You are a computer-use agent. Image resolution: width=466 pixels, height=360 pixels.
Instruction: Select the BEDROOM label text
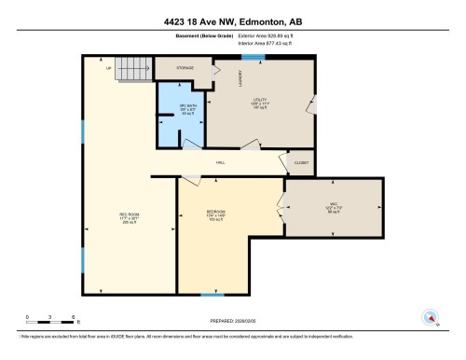tap(216, 213)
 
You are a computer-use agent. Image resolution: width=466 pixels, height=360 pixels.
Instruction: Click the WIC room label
tap(333, 203)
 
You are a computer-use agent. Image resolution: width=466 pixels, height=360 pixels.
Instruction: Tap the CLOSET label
tap(301, 163)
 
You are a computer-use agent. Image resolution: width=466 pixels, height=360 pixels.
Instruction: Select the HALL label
tap(221, 163)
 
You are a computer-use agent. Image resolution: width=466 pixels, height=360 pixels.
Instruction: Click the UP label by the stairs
tap(109, 68)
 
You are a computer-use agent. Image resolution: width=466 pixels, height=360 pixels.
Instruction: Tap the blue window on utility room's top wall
tap(253, 57)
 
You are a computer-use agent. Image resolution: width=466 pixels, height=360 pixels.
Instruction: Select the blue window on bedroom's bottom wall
tap(212, 295)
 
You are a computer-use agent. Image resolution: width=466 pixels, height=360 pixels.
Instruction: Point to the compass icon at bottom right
tap(430, 316)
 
